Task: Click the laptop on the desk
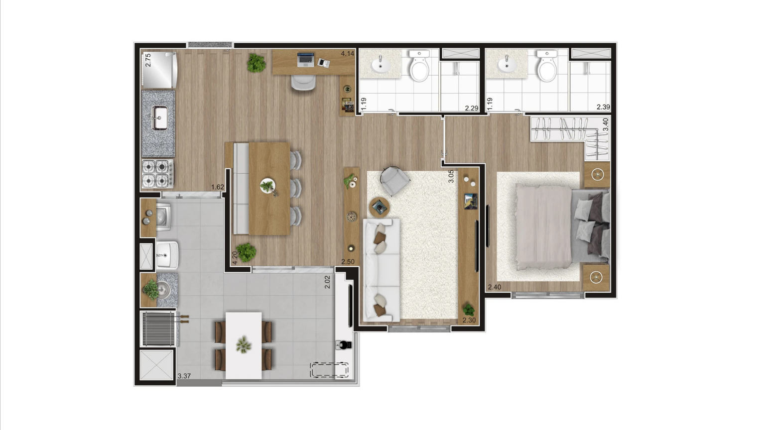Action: coord(306,60)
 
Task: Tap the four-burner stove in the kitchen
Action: coord(158,174)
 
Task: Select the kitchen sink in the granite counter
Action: coord(159,118)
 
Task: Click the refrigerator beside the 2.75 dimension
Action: coord(160,70)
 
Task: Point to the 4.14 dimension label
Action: coord(347,54)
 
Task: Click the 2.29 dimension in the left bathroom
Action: coord(471,108)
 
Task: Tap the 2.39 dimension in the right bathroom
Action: coord(603,107)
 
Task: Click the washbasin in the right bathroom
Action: coord(507,65)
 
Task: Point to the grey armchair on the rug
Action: coord(395,180)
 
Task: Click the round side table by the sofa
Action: coord(380,208)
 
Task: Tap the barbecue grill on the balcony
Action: coord(158,329)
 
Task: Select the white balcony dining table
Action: coord(244,345)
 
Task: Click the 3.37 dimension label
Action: coord(184,376)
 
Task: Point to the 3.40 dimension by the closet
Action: coord(606,124)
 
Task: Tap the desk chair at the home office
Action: coord(303,82)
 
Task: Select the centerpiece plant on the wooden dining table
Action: coord(268,187)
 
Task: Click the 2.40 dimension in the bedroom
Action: coord(494,287)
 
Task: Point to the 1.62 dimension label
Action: coord(218,187)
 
